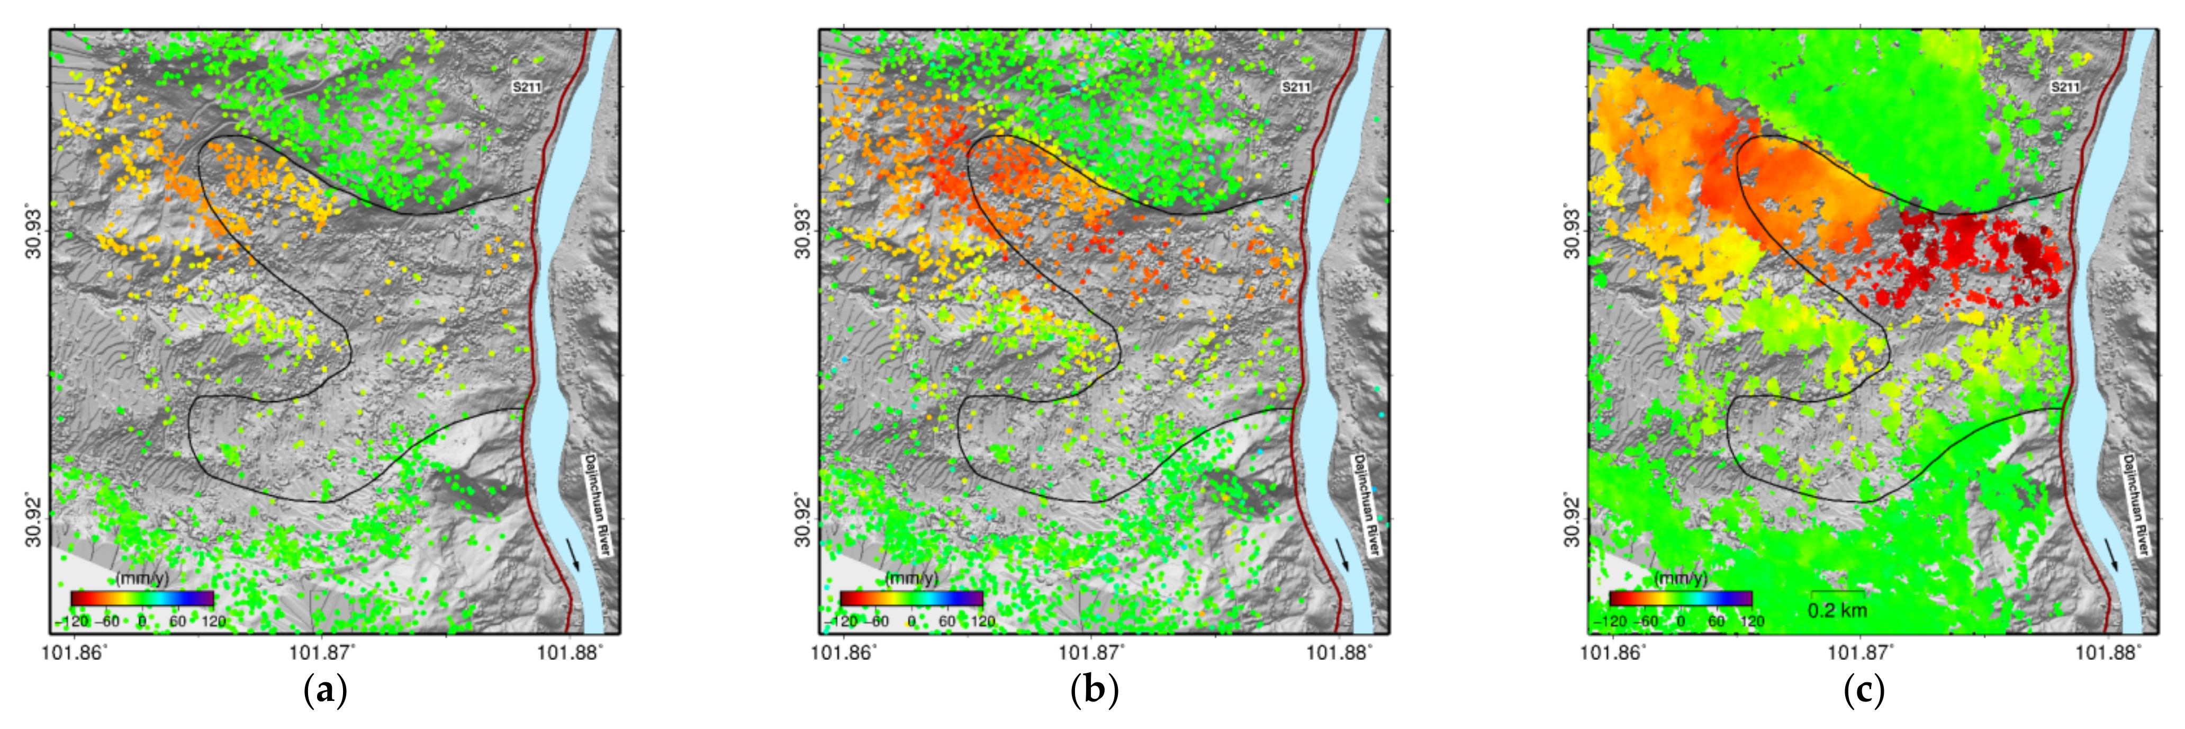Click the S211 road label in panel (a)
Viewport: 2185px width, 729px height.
[x=526, y=86]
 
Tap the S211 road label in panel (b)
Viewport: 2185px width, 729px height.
[x=1295, y=86]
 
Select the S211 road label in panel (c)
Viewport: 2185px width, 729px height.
[x=2064, y=86]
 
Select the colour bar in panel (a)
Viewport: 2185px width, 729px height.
[x=142, y=598]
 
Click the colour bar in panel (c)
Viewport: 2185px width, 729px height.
[x=1681, y=598]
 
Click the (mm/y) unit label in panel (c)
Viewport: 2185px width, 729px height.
[x=1681, y=579]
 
